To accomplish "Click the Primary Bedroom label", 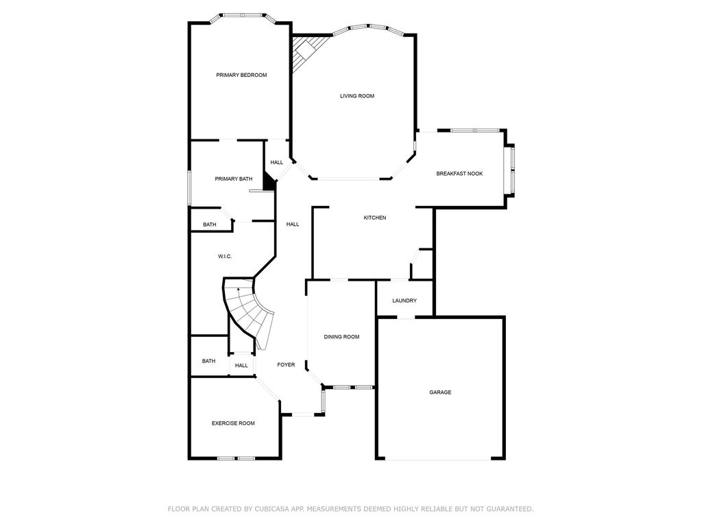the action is pyautogui.click(x=241, y=75).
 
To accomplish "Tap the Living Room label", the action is pyautogui.click(x=356, y=96).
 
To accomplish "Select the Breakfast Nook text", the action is pyautogui.click(x=459, y=174).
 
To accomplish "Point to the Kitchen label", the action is pyautogui.click(x=375, y=218).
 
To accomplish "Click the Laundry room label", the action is pyautogui.click(x=404, y=301).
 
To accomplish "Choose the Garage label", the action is pyautogui.click(x=440, y=392).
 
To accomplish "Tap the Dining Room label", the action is pyautogui.click(x=341, y=336).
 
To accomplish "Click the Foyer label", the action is pyautogui.click(x=286, y=365).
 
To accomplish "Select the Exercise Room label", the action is pyautogui.click(x=233, y=423).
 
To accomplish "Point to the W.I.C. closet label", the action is pyautogui.click(x=225, y=257).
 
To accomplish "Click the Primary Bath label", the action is pyautogui.click(x=233, y=179).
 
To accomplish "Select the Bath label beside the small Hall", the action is pyautogui.click(x=208, y=361).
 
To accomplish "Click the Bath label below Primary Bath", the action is pyautogui.click(x=210, y=224).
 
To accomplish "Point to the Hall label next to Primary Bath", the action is pyautogui.click(x=277, y=162).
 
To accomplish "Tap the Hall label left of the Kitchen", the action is pyautogui.click(x=293, y=224).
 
